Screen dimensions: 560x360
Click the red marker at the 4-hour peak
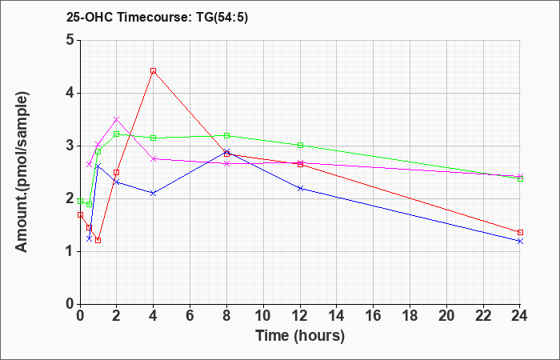click(154, 70)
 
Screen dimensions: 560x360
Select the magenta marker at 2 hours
click(117, 119)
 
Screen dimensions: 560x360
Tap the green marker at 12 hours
click(300, 145)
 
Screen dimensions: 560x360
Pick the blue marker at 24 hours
click(520, 241)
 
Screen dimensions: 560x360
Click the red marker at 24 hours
click(520, 232)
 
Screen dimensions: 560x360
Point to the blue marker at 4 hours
click(154, 194)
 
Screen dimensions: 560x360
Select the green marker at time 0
click(80, 201)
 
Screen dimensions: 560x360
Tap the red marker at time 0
click(80, 214)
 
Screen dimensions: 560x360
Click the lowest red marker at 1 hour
click(98, 240)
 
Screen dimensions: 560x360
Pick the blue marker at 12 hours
click(300, 188)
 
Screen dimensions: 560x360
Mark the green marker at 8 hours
click(226, 135)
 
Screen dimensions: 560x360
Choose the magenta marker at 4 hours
click(154, 159)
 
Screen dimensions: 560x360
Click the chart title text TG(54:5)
click(222, 17)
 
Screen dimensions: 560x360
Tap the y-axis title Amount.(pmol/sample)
click(22, 172)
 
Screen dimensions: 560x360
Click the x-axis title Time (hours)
click(300, 336)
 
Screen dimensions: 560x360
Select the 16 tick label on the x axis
click(374, 315)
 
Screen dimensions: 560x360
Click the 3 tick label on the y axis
click(70, 146)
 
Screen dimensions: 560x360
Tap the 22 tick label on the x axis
click(483, 315)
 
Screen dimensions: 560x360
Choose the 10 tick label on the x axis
click(263, 315)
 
